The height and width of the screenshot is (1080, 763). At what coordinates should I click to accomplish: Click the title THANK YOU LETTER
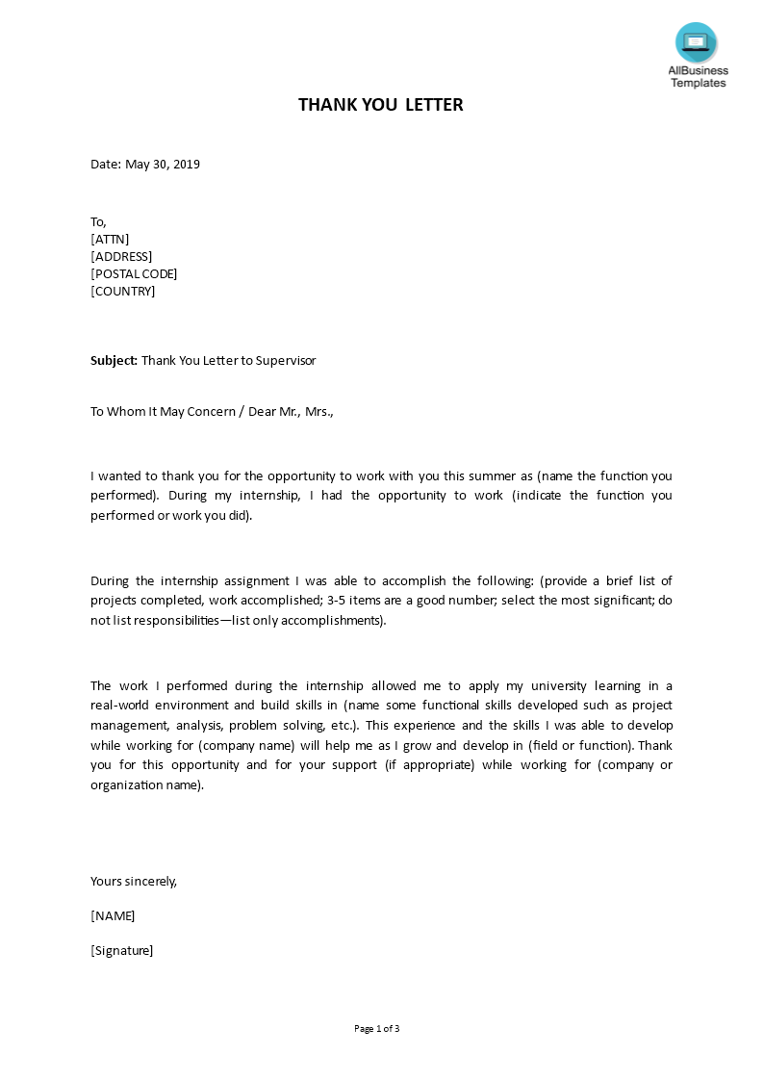(380, 105)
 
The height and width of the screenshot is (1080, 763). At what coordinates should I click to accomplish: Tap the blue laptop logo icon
(696, 42)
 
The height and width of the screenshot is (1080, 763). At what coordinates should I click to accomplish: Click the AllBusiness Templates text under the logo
(698, 76)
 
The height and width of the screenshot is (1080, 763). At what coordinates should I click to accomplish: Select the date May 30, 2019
(163, 165)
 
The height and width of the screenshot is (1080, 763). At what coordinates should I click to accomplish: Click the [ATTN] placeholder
(110, 240)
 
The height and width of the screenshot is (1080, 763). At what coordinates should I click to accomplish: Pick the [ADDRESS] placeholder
(121, 257)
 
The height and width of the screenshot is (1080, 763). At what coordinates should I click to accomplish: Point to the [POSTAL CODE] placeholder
(134, 274)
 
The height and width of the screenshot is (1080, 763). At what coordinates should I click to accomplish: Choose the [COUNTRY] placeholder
(122, 292)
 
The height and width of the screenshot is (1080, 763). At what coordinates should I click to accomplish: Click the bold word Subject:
(114, 361)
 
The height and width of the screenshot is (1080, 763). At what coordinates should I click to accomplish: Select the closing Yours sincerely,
(134, 882)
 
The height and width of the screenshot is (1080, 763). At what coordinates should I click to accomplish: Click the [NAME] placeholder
(113, 916)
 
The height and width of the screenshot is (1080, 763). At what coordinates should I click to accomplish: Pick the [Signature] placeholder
(121, 951)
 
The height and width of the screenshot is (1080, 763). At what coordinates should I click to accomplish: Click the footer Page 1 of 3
(376, 1029)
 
